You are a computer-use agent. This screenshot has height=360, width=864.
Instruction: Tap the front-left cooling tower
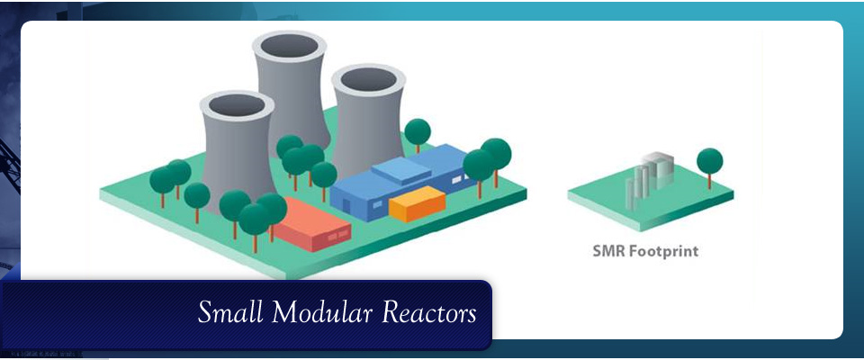(x=237, y=153)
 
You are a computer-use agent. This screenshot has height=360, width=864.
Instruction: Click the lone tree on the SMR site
(x=709, y=162)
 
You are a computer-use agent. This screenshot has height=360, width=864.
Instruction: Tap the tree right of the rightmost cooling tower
(x=417, y=132)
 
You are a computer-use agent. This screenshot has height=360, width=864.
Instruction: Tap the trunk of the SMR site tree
(x=709, y=180)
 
